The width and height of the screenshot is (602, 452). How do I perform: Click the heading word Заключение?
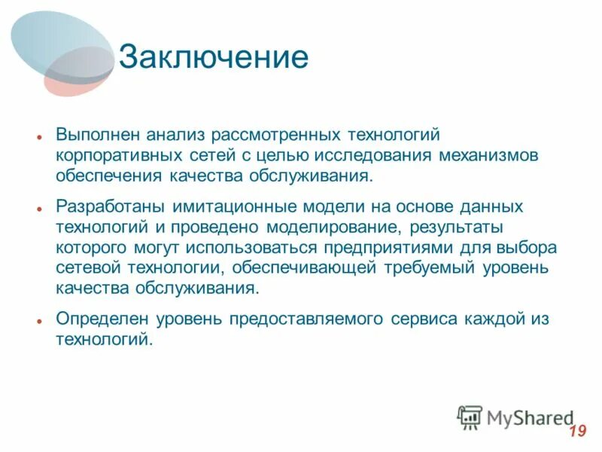coord(213,58)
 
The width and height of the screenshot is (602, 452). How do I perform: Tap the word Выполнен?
coord(95,134)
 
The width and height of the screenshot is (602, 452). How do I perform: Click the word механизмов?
coord(497,155)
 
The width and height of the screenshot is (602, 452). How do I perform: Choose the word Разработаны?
coord(108,206)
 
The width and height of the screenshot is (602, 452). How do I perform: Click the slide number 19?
coord(577,432)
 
